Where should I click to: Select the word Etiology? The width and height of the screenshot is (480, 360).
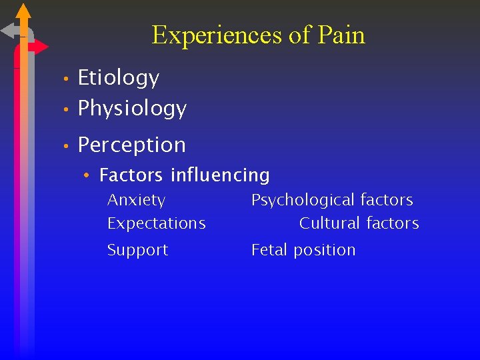(119, 78)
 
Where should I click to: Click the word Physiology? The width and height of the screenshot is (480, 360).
(132, 108)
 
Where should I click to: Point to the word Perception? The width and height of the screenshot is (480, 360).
(132, 145)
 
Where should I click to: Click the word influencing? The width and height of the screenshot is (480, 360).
(220, 175)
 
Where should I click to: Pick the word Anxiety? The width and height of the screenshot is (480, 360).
(137, 200)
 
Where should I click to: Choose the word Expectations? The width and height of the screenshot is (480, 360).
(157, 223)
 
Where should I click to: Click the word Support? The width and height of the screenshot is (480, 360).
(138, 250)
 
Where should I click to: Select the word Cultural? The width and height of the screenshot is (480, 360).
(329, 223)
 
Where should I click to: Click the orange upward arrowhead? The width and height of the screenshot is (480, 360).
(23, 11)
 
